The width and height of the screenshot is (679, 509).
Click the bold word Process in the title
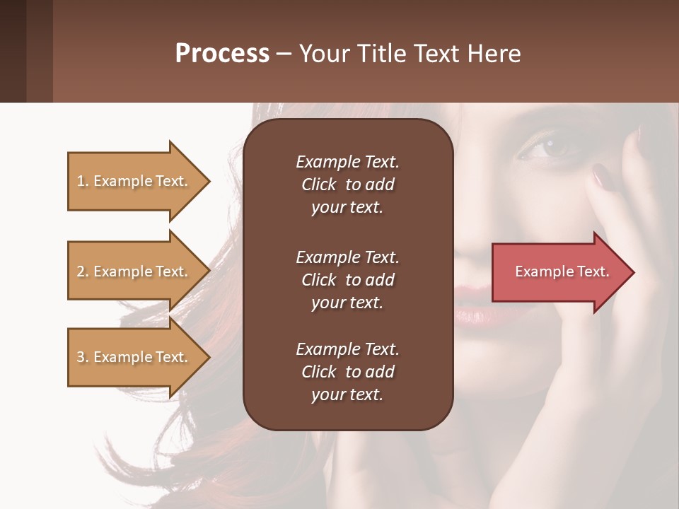(x=222, y=54)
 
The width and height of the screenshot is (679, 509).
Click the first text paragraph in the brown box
(x=347, y=185)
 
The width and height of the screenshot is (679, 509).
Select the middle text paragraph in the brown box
(x=347, y=280)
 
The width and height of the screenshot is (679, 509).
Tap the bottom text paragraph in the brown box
(x=347, y=372)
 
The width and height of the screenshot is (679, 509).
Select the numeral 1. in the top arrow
(x=83, y=182)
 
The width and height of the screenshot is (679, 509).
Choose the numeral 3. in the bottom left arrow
(x=83, y=358)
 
